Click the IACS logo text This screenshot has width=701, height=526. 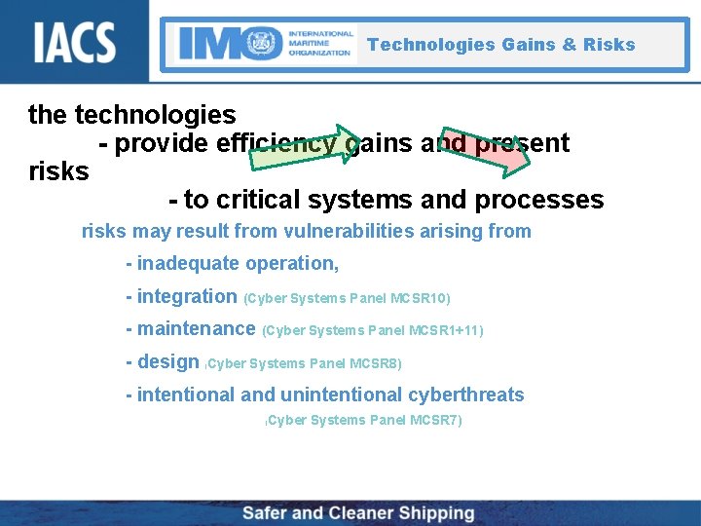click(x=75, y=42)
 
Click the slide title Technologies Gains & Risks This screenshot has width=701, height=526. click(x=500, y=45)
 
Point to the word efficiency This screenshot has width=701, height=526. click(x=276, y=144)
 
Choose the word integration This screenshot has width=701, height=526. click(x=187, y=296)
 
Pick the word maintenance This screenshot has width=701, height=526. click(x=196, y=329)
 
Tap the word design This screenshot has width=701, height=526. click(x=168, y=361)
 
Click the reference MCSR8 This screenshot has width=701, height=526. click(x=375, y=363)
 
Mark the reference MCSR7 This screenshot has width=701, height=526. click(x=435, y=420)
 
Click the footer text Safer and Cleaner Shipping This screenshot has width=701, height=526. click(x=357, y=513)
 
